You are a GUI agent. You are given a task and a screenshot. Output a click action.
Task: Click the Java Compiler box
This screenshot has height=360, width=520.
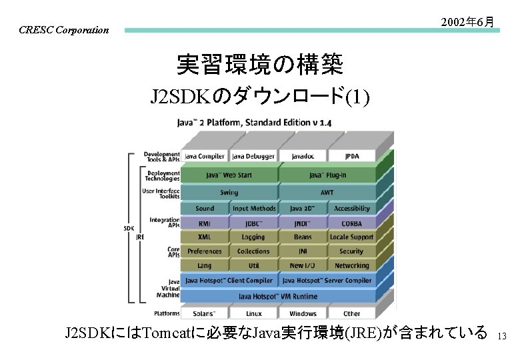point(205,157)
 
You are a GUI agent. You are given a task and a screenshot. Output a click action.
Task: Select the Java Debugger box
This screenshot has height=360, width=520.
point(254,157)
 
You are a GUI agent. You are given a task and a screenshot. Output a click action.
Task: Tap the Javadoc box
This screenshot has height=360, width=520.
point(303,157)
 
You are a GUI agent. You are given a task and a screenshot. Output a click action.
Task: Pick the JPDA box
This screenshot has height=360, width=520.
point(351,157)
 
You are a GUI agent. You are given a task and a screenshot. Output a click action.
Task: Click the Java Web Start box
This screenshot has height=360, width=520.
point(229,175)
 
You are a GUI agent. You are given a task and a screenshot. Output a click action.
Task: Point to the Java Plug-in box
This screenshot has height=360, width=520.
point(327,175)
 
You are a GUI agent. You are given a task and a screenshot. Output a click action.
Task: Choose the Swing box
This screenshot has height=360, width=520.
point(229,193)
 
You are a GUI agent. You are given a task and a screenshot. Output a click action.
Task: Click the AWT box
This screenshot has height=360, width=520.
point(327,193)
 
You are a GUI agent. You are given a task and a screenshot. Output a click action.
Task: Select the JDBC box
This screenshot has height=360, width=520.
point(254,224)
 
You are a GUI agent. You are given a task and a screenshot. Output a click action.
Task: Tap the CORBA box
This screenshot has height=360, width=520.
point(351,224)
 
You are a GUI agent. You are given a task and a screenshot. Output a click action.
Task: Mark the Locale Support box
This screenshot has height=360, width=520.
point(351,237)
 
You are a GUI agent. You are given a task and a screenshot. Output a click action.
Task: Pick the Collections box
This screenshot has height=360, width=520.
point(254,251)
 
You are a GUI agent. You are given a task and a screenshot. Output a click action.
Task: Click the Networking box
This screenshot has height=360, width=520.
point(351,265)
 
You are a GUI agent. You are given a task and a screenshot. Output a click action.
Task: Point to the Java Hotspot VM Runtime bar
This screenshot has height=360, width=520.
point(278,296)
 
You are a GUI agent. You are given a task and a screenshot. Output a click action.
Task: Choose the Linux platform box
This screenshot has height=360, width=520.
point(254,313)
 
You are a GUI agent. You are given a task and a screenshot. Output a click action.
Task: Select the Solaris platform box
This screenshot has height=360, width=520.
point(205,313)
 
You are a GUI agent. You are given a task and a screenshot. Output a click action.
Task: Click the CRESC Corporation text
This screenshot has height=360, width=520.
point(64,30)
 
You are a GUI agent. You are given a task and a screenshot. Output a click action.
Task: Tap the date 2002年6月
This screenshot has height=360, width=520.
point(467,22)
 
